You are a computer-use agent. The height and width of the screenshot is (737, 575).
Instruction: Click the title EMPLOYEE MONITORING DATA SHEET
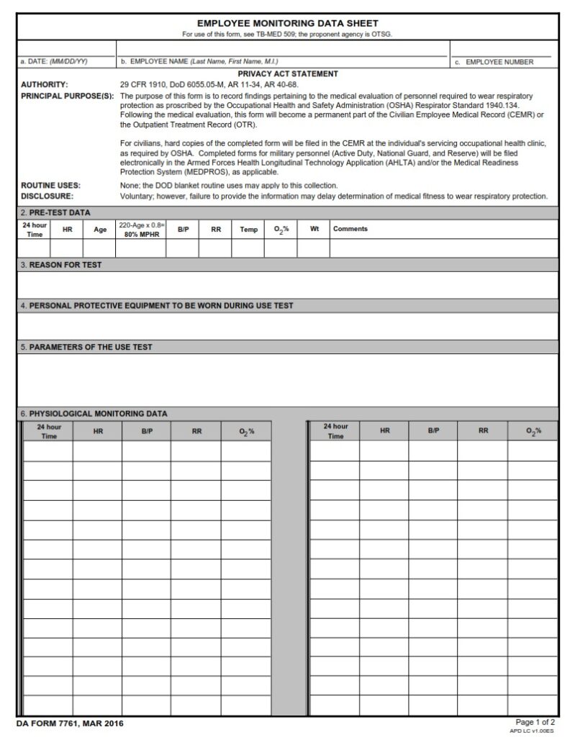tap(287, 24)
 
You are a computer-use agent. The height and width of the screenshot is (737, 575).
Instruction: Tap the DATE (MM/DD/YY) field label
tap(55, 62)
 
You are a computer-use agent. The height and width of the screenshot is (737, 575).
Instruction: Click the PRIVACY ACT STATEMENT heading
tap(287, 74)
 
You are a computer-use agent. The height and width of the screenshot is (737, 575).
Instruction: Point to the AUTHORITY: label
tap(45, 85)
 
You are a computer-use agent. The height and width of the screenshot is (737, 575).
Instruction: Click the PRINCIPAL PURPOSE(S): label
tap(68, 96)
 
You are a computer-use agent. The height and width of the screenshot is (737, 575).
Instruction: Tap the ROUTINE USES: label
tap(50, 186)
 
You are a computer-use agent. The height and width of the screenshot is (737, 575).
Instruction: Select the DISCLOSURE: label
tap(47, 196)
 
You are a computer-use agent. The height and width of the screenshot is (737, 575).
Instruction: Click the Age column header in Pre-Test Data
tap(99, 230)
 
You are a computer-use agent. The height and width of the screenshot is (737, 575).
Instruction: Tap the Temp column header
tap(248, 230)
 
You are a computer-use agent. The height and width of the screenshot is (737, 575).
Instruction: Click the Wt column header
tap(314, 229)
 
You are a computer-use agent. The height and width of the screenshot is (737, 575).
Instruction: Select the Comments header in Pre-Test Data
tap(350, 229)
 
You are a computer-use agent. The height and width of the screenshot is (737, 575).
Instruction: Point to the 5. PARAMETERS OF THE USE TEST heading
tap(86, 347)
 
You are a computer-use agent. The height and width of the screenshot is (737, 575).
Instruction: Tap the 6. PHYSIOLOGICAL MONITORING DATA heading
tap(94, 414)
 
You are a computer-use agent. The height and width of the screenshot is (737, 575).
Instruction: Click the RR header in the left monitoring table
tap(196, 431)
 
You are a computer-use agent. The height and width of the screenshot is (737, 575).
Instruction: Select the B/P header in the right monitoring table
tap(434, 430)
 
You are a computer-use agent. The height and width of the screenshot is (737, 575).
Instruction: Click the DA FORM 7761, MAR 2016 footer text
tap(65, 723)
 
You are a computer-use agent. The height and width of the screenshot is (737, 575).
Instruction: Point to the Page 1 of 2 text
tap(535, 721)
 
